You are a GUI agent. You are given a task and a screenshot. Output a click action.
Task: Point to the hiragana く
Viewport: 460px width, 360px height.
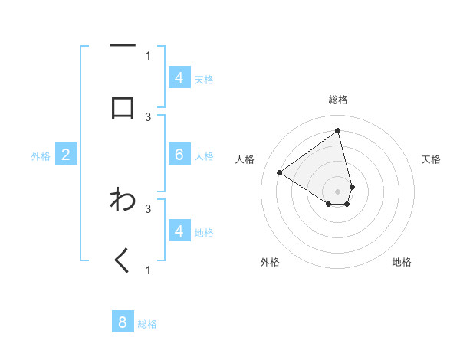pos(123,260)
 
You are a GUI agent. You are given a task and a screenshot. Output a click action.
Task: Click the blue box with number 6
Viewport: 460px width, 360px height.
pos(179,155)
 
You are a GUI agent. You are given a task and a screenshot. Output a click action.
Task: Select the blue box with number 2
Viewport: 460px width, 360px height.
pos(66,155)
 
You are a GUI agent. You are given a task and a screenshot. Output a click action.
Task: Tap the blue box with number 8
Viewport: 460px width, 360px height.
pos(123,322)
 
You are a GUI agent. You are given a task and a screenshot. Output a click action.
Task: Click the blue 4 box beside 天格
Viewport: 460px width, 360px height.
pos(179,78)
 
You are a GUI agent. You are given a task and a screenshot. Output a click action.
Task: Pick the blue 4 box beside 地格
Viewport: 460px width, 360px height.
pos(179,231)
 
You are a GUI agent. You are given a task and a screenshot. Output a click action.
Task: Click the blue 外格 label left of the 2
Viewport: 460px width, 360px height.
pos(41,156)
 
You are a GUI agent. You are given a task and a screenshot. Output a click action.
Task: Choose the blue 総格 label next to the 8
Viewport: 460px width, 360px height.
pos(147,324)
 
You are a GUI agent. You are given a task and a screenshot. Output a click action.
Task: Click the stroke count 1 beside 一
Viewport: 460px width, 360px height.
pos(148,55)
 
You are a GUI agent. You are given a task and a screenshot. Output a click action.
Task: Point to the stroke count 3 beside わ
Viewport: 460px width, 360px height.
pos(148,208)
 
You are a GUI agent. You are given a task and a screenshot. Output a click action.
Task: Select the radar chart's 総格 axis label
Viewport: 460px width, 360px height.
pos(338,100)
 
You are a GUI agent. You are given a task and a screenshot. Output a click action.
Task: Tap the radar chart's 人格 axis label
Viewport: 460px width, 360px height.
pos(245,159)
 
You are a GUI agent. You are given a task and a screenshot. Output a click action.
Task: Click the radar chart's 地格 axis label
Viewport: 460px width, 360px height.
pos(402,262)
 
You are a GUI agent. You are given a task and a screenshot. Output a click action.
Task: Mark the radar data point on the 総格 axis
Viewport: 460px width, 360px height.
pos(338,130)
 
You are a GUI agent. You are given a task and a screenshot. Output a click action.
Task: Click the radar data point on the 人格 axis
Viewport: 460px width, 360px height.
pos(280,172)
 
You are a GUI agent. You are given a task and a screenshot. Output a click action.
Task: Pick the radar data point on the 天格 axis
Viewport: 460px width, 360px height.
pos(352,187)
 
